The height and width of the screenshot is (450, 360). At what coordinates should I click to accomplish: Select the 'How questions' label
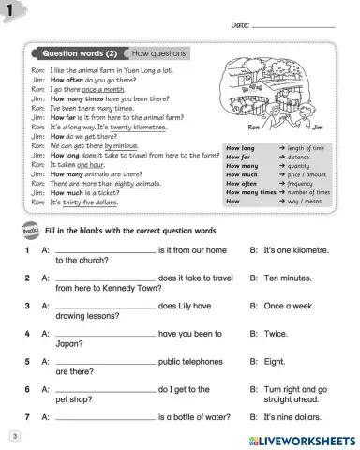tap(158, 54)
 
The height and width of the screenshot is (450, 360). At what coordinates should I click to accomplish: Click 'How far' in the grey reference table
tap(240, 157)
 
